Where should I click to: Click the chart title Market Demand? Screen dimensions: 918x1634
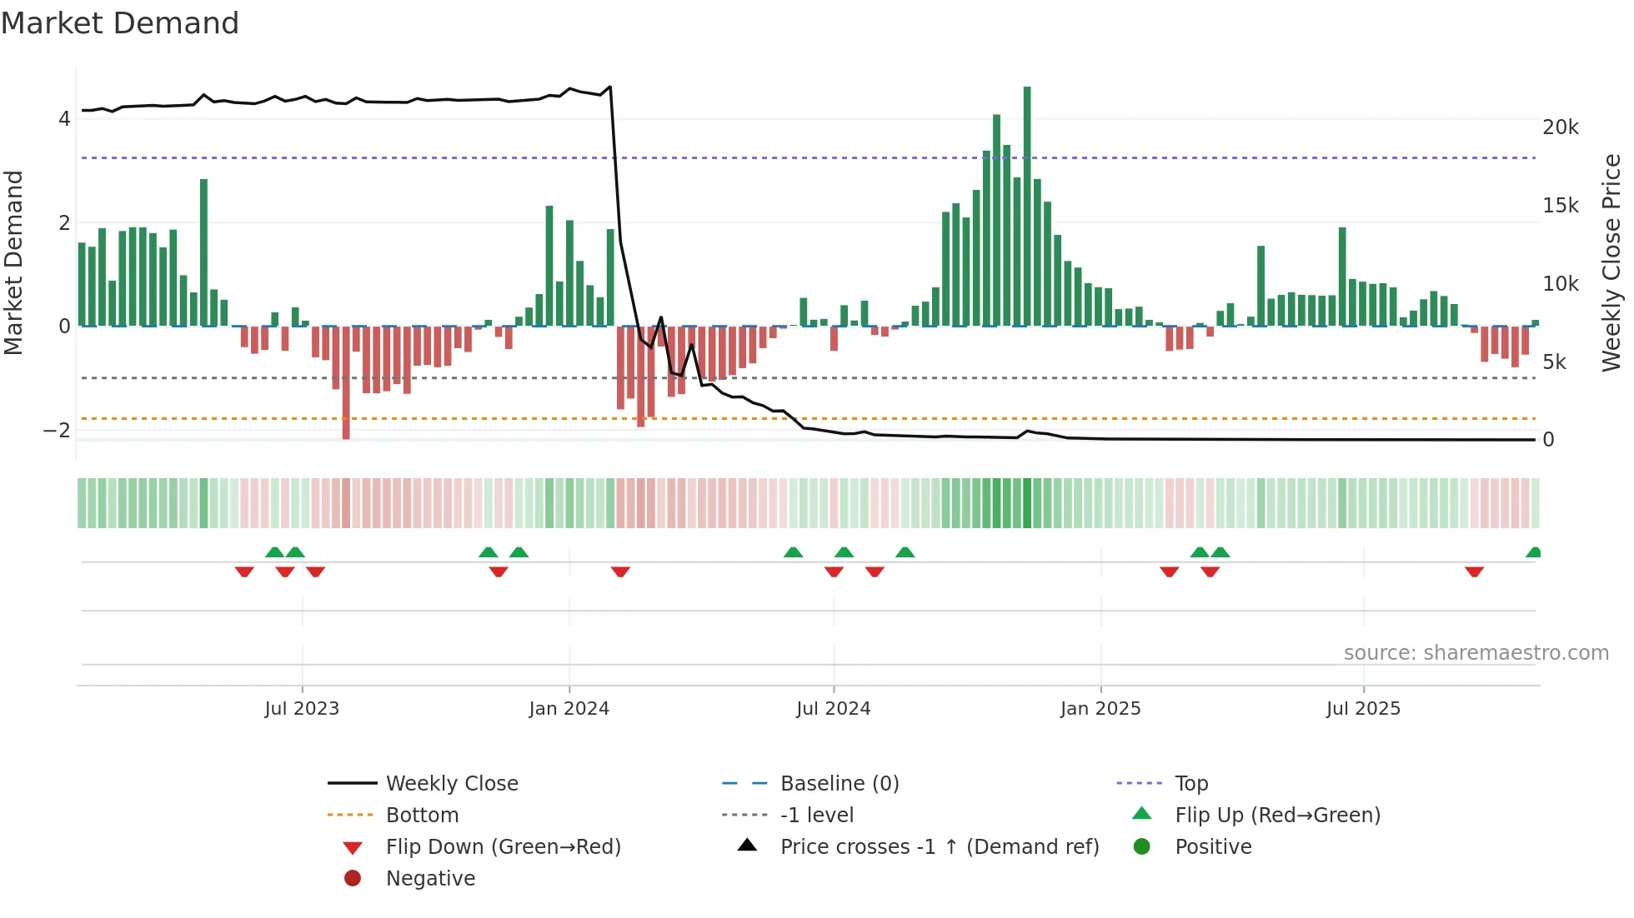[x=120, y=23]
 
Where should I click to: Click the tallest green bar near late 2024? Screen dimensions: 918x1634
[x=1027, y=208]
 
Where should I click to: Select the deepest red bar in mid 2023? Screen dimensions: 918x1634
[x=346, y=383]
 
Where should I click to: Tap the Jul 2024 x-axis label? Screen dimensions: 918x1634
[x=833, y=709]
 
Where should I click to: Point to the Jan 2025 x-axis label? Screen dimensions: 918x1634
[x=1100, y=709]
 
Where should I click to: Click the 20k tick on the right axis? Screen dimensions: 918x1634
[x=1561, y=127]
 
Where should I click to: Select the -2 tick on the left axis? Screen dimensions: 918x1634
[x=58, y=431]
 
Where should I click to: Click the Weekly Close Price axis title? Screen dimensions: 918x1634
[x=1611, y=262]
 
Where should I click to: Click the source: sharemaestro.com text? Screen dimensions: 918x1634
[x=1476, y=653]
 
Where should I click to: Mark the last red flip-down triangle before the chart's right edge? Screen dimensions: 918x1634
[x=1474, y=571]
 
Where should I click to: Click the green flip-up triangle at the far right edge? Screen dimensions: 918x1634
[x=1534, y=552]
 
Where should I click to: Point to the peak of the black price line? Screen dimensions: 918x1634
[x=610, y=87]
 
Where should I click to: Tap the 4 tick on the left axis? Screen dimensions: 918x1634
[x=64, y=119]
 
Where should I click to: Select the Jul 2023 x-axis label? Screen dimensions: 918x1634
[x=302, y=709]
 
